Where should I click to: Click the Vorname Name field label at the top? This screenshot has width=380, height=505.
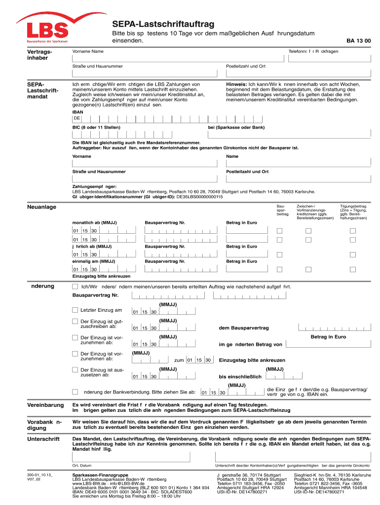coord(88,51)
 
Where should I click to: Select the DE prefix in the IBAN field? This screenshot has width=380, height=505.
coord(77,118)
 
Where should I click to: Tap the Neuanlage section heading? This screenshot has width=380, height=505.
coord(41,207)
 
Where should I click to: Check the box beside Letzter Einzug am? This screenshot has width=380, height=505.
coord(75,310)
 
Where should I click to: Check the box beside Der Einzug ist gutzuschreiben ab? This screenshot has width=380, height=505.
coord(75,323)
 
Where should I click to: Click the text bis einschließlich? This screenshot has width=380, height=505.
coord(240,377)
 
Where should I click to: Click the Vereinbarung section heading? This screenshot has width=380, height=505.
coord(45,405)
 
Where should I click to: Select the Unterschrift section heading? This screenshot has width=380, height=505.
coord(43,439)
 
